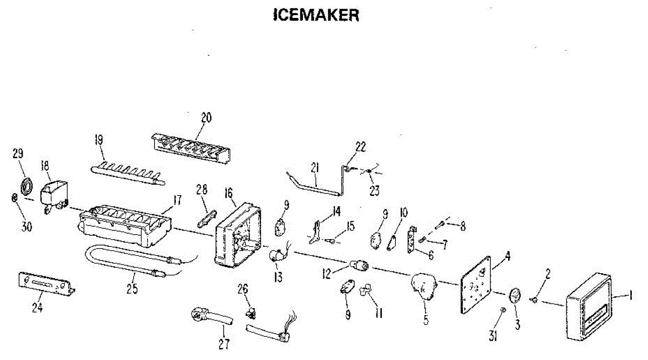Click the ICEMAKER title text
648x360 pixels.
click(316, 15)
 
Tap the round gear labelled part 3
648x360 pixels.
click(515, 296)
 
